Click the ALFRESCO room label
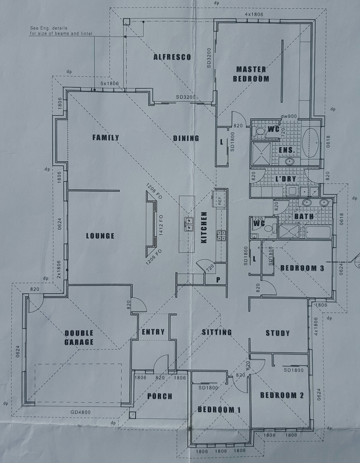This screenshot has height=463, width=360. pyautogui.click(x=172, y=57)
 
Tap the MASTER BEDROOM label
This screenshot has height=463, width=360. pyautogui.click(x=251, y=74)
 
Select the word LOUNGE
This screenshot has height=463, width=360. pyautogui.click(x=100, y=236)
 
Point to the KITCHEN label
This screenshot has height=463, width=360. pyautogui.click(x=204, y=227)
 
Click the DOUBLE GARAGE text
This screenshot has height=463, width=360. pyautogui.click(x=79, y=337)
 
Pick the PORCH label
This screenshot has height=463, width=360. pyautogui.click(x=160, y=396)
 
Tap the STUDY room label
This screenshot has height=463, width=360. pyautogui.click(x=277, y=333)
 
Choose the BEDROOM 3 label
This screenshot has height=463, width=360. pyautogui.click(x=302, y=268)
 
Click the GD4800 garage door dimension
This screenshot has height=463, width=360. pyautogui.click(x=81, y=412)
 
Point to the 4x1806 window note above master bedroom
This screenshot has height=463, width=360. pyautogui.click(x=254, y=14)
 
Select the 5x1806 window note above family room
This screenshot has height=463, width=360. pyautogui.click(x=109, y=84)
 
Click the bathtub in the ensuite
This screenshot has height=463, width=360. pyautogui.click(x=310, y=143)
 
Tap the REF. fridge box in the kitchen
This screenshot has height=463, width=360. pyautogui.click(x=220, y=199)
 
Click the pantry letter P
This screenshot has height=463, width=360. pyautogui.click(x=218, y=280)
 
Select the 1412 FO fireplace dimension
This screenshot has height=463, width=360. pyautogui.click(x=161, y=225)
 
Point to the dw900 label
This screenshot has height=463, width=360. pyautogui.click(x=289, y=116)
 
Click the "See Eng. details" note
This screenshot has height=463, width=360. pyautogui.click(x=49, y=28)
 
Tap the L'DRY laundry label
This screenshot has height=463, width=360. pyautogui.click(x=285, y=179)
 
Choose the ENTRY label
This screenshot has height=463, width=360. pyautogui.click(x=153, y=332)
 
